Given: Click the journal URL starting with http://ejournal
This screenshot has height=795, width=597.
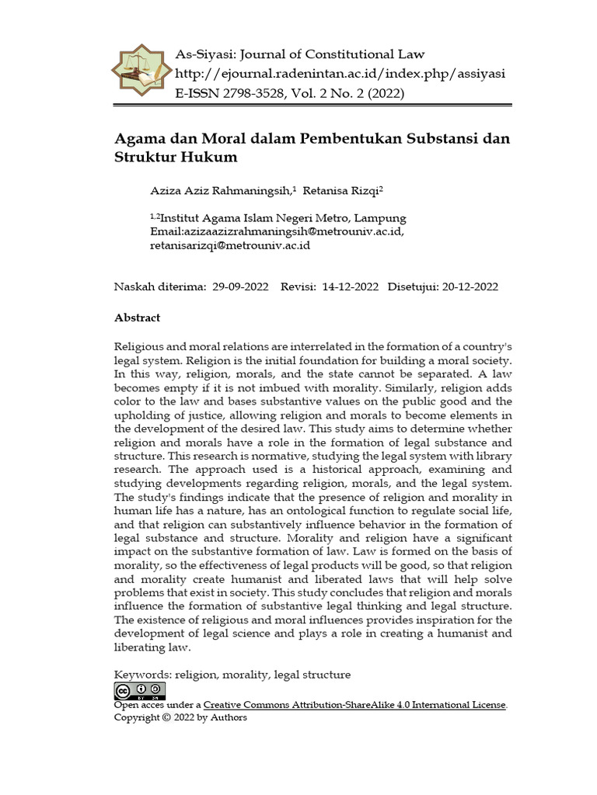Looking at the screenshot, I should (340, 74).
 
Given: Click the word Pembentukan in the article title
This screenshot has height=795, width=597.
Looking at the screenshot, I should (339, 139).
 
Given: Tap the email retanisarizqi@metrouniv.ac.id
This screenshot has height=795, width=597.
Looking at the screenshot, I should (230, 245).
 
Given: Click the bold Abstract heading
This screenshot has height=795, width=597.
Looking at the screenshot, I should (138, 318).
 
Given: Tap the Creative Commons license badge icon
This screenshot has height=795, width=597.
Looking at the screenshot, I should (140, 691).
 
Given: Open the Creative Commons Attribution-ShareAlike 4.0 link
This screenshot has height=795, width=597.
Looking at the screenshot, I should (355, 705).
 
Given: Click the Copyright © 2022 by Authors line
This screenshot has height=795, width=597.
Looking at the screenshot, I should (180, 717).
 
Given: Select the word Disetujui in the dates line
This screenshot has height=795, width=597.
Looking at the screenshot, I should (412, 286).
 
